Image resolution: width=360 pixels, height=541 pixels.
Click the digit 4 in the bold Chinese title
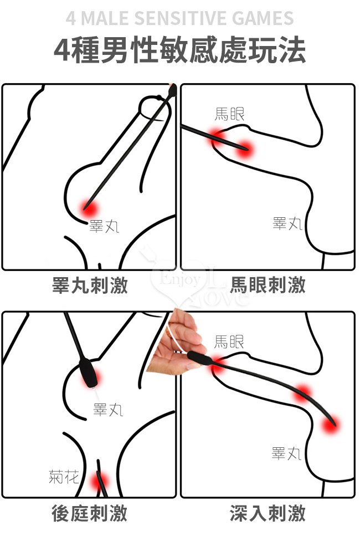point(62,50)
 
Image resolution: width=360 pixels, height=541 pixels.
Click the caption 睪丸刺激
point(90,285)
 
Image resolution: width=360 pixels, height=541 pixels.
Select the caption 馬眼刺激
point(268,285)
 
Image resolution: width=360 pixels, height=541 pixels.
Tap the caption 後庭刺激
point(90,513)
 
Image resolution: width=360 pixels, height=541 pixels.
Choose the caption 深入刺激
point(268,513)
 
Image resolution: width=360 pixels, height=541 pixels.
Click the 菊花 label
point(64,477)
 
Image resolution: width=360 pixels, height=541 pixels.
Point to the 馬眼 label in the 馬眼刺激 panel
point(230,114)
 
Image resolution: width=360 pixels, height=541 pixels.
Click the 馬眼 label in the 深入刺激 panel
point(229,341)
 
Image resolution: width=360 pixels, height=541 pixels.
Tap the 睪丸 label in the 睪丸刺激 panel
point(104,226)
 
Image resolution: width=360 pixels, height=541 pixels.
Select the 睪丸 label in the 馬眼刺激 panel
point(287,223)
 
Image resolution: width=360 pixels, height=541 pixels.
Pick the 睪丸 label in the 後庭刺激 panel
point(108,410)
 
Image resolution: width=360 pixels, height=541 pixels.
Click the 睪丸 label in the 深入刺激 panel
point(286,453)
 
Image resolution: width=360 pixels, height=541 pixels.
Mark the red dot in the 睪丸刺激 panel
point(90,208)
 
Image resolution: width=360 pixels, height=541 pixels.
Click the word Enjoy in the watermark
point(180,279)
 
